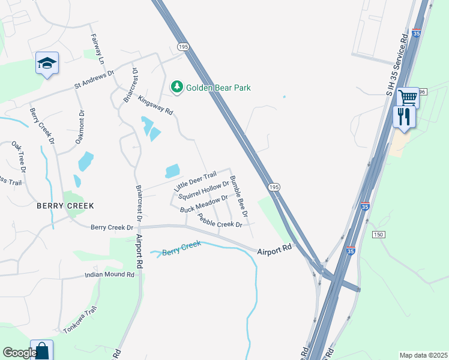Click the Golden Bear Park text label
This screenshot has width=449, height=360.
pos(218,88)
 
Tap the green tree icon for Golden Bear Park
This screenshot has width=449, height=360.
pos(176,88)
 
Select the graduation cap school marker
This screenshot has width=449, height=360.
pos(47,63)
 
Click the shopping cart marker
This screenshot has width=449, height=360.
pos(408,97)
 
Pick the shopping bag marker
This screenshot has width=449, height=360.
pos(41,350)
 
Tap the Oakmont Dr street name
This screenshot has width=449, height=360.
pos(80,126)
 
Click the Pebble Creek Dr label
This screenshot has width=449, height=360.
pos(220,221)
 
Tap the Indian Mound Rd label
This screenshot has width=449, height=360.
pos(109,275)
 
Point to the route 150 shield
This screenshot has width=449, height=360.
pos(378,234)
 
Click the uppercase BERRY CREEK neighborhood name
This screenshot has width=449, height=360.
pos(65,206)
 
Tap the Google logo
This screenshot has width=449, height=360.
pos(20,353)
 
